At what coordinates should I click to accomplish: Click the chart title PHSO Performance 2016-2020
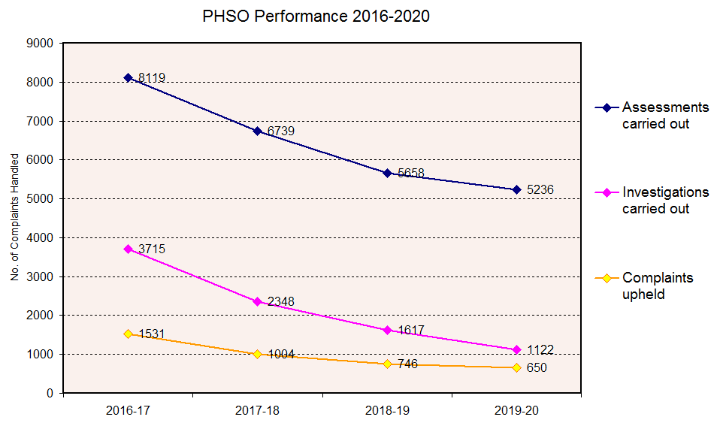tap(316, 17)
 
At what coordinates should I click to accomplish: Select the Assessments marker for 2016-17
tap(129, 77)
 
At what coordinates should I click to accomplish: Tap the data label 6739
tap(280, 131)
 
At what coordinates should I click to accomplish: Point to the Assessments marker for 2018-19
tap(387, 173)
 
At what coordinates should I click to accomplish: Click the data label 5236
tap(540, 190)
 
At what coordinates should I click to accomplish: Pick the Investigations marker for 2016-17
tap(129, 249)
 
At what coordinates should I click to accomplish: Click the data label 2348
tap(280, 302)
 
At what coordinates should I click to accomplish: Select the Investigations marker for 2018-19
tap(387, 330)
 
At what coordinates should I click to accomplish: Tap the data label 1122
tap(540, 350)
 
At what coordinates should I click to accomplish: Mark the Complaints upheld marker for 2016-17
tap(129, 334)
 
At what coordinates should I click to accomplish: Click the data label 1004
tap(280, 355)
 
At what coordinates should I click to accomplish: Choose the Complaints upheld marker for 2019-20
tap(517, 367)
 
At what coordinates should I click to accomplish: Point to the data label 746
tap(407, 364)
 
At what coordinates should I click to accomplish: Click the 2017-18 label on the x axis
tap(258, 410)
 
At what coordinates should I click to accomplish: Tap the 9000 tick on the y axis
tap(40, 44)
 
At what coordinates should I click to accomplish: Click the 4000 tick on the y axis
tap(40, 237)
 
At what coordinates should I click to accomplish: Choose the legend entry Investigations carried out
tap(664, 200)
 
